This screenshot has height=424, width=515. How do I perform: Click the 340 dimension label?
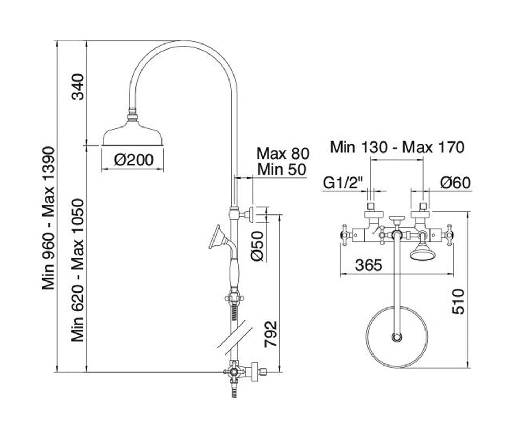coord(77,87)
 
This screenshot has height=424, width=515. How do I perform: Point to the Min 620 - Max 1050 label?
coord(77,270)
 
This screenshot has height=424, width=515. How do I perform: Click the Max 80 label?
coord(283,154)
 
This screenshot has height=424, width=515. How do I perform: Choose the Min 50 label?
coord(282,170)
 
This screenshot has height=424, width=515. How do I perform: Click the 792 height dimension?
coord(271,334)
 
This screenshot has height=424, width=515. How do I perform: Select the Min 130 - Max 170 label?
coord(397,147)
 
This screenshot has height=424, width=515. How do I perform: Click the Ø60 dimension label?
coord(455,183)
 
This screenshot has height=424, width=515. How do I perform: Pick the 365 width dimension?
coord(369,265)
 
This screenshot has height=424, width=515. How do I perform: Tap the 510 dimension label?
coord(458,301)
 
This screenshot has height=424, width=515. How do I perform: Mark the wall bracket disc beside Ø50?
coord(251,214)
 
